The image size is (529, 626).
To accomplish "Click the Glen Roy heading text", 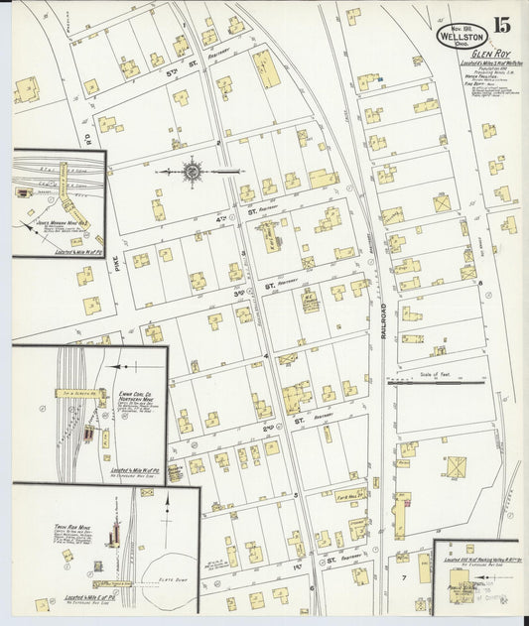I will coord(489,57).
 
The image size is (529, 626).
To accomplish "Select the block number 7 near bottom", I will coord(404,575).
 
